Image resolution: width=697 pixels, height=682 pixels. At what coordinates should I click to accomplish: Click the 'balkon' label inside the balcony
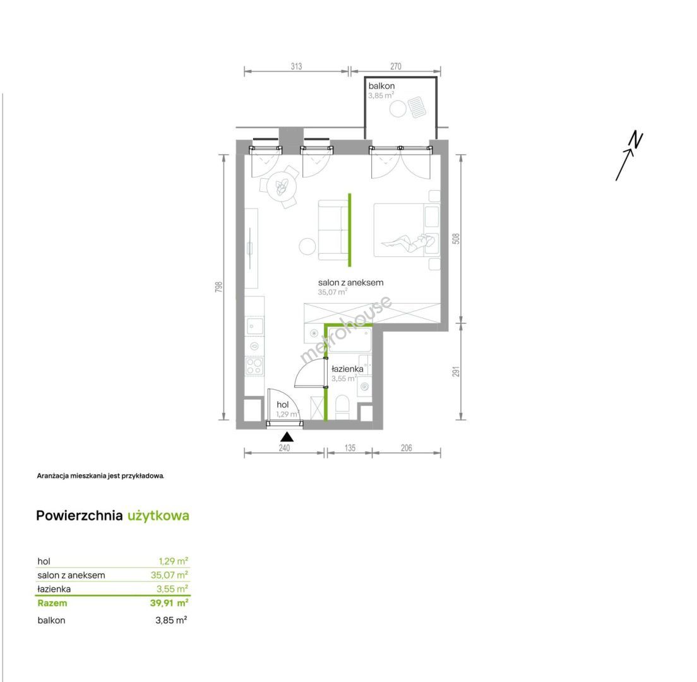(x=381, y=87)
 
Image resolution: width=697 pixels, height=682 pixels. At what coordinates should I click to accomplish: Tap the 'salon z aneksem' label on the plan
(x=351, y=282)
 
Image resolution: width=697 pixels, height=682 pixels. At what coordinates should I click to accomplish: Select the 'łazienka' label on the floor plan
(x=347, y=369)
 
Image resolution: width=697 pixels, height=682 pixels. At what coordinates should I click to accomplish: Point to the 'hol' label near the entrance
(x=283, y=405)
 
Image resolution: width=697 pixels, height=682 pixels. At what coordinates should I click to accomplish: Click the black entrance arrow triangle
(x=287, y=437)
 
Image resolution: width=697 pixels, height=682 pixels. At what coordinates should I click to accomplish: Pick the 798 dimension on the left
(x=218, y=287)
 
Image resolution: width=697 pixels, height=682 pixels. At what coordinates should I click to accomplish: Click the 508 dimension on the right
(x=456, y=239)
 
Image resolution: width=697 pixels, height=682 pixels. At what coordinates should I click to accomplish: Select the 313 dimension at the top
(x=297, y=66)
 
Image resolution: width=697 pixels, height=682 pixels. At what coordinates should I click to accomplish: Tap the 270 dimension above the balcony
(x=396, y=66)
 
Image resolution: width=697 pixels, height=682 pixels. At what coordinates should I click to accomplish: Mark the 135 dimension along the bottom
(x=350, y=448)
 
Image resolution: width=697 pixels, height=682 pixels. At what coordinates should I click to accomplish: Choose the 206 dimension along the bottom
(x=407, y=448)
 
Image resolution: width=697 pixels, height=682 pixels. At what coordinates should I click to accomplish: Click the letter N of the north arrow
(x=636, y=140)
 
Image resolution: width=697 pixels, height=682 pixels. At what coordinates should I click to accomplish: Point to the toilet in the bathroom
(x=342, y=407)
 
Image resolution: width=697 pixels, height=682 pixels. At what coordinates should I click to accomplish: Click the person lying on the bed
(x=407, y=242)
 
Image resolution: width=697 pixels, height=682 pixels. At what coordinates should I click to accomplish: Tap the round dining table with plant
(x=282, y=188)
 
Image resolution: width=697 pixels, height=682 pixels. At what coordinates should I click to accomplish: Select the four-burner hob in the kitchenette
(x=254, y=366)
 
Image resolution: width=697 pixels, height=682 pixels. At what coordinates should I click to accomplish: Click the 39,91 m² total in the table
(x=169, y=603)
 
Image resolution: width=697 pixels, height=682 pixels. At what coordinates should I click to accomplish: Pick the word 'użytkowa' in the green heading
(x=158, y=516)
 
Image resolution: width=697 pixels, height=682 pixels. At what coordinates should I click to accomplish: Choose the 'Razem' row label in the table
(x=52, y=603)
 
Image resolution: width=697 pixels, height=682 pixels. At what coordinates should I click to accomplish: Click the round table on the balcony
(x=398, y=109)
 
